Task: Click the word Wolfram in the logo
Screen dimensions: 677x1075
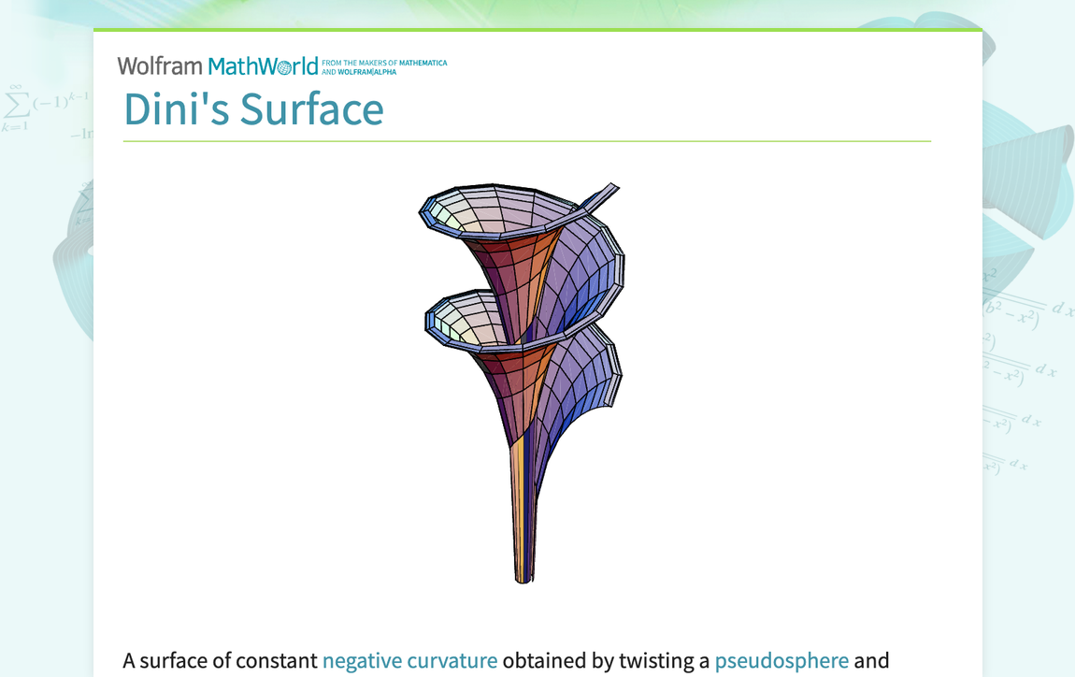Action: point(159,65)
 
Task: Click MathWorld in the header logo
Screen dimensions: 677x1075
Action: point(263,65)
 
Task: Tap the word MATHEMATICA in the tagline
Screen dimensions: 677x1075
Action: point(423,63)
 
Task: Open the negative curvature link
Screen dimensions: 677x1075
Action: point(409,660)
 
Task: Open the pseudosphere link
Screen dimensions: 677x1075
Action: point(781,660)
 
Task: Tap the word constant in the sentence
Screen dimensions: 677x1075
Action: point(276,660)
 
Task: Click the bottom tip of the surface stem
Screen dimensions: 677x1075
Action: point(523,579)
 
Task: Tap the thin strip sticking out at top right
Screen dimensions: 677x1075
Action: point(602,194)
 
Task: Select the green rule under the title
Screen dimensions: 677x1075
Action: point(526,141)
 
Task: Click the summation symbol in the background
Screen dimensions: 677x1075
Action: point(14,104)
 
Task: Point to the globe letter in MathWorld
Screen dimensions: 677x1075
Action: point(286,67)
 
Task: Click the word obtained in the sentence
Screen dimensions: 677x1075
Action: point(545,660)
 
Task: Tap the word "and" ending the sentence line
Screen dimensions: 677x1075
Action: point(871,660)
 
